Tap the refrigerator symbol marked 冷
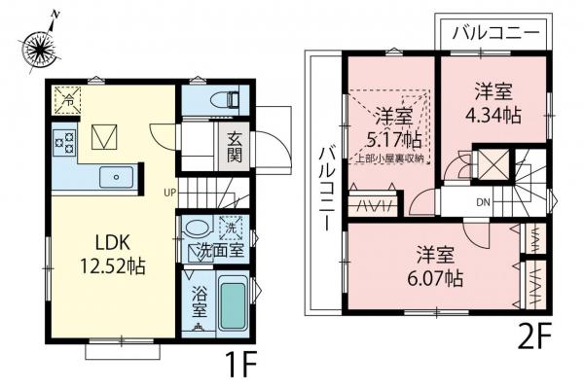tap(68, 96)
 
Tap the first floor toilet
tap(211, 99)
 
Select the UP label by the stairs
tap(170, 191)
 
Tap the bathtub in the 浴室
tap(232, 303)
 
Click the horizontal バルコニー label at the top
tap(497, 32)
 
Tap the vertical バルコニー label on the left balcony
tap(328, 184)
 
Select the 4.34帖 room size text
tap(493, 115)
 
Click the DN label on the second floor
tap(483, 202)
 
